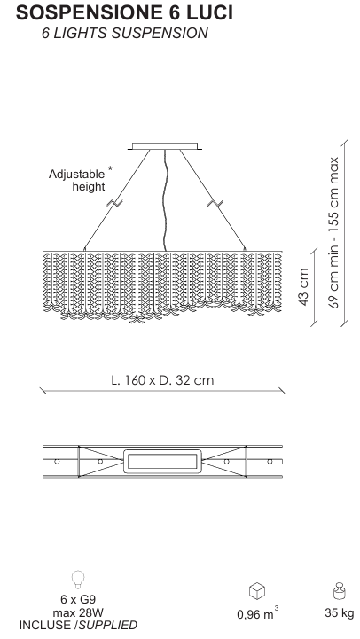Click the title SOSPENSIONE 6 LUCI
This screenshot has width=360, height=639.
pyautogui.click(x=124, y=13)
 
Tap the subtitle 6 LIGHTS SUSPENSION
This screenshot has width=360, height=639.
pyautogui.click(x=125, y=33)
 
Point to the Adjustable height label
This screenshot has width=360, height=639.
pyautogui.click(x=76, y=180)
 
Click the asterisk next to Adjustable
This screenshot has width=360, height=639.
pyautogui.click(x=110, y=168)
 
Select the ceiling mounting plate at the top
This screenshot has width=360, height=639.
pyautogui.click(x=165, y=146)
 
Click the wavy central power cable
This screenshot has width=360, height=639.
pyautogui.click(x=165, y=199)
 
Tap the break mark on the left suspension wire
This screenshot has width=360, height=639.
pyautogui.click(x=113, y=202)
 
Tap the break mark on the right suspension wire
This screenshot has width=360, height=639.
pyautogui.click(x=215, y=202)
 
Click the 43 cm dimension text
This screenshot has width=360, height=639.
pyautogui.click(x=304, y=287)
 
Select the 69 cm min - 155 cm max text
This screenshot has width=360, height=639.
pyautogui.click(x=333, y=232)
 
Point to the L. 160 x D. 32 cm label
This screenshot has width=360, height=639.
pyautogui.click(x=162, y=380)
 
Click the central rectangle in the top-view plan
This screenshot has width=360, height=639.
pyautogui.click(x=162, y=462)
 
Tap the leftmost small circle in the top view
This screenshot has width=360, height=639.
pyautogui.click(x=57, y=462)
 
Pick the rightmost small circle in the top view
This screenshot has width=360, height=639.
pyautogui.click(x=270, y=462)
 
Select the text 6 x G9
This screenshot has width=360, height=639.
pyautogui.click(x=78, y=599)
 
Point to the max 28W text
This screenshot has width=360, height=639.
pyautogui.click(x=78, y=612)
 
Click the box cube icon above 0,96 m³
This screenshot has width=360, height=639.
pyautogui.click(x=257, y=591)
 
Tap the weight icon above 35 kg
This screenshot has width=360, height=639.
pyautogui.click(x=340, y=591)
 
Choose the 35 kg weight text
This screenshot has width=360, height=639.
pyautogui.click(x=340, y=612)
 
